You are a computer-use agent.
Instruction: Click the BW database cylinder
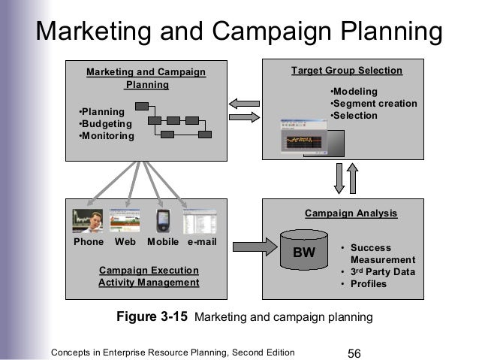(304, 252)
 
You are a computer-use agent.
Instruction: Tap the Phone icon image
(87, 220)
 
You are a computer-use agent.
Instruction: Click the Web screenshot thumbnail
(125, 220)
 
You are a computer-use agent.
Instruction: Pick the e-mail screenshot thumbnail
(200, 221)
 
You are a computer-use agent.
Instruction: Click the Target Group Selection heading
(347, 71)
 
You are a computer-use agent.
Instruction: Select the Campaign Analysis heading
(351, 213)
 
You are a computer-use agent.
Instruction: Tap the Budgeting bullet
(105, 124)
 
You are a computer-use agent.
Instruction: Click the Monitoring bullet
(107, 136)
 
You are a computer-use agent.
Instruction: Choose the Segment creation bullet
(374, 104)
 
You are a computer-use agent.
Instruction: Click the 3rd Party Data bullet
(377, 272)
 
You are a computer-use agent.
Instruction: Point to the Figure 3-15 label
(153, 317)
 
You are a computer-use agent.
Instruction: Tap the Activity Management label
(149, 283)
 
